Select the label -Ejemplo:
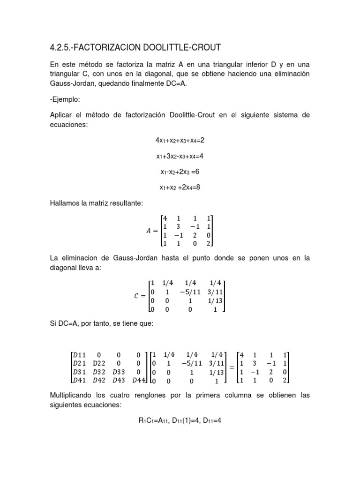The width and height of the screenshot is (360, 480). click(x=64, y=100)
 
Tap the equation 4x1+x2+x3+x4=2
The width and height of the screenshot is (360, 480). click(x=180, y=140)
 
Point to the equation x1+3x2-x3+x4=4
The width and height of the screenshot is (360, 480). click(x=180, y=156)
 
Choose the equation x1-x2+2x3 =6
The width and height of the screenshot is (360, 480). click(x=180, y=172)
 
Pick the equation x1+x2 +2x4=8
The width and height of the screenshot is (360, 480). click(x=180, y=187)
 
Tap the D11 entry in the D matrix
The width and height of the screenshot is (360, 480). click(x=78, y=355)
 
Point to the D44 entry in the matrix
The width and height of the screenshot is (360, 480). click(x=139, y=380)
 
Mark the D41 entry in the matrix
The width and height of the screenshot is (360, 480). click(x=78, y=380)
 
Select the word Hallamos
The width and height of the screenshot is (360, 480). click(x=65, y=203)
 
